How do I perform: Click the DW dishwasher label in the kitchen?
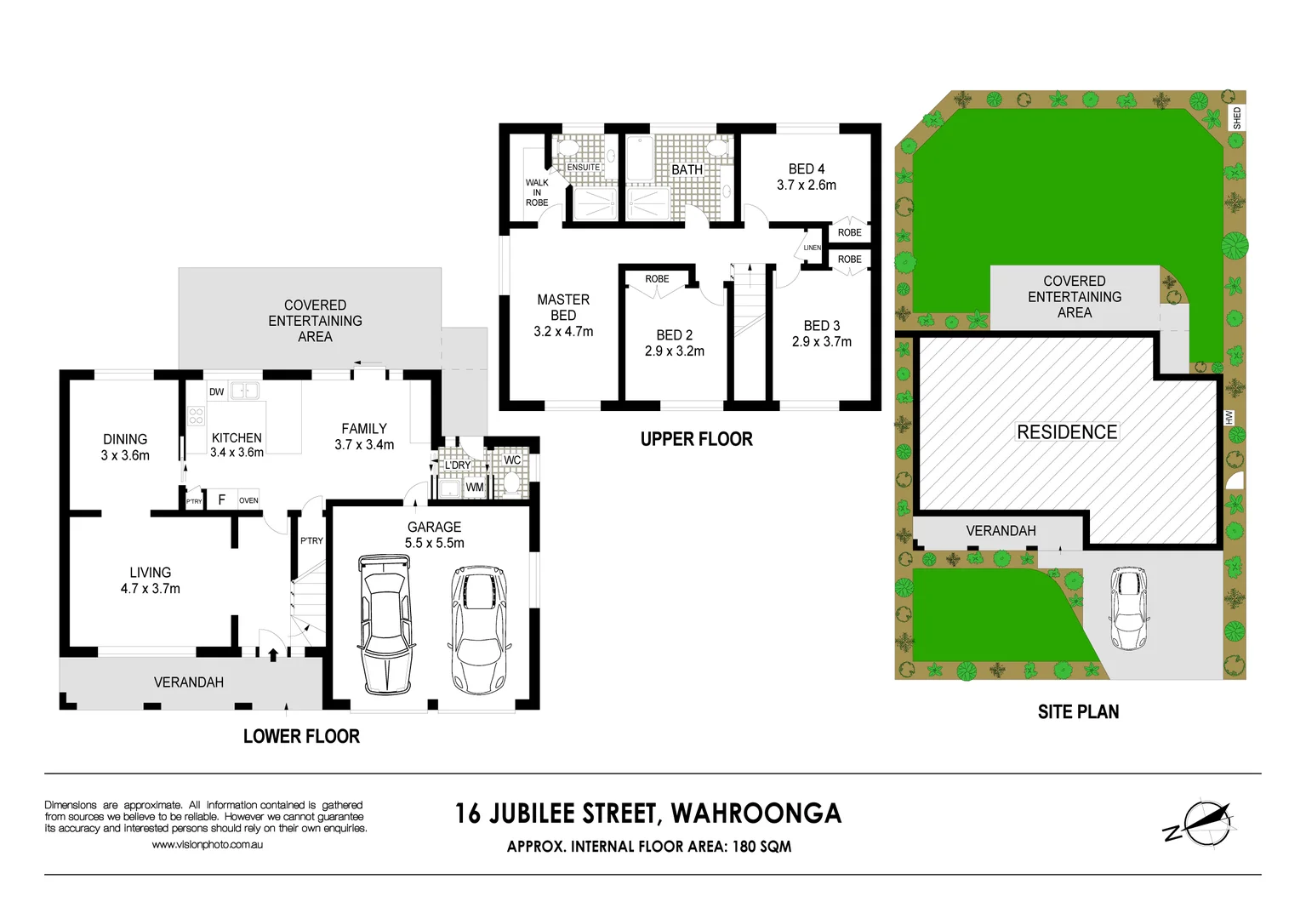(x=217, y=392)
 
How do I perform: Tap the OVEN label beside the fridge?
(x=248, y=500)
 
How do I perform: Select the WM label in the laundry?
(x=475, y=488)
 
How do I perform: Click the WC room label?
(x=512, y=460)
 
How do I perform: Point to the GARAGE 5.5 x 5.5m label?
(x=434, y=535)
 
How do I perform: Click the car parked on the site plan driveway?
(x=1128, y=608)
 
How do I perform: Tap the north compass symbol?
(x=1200, y=823)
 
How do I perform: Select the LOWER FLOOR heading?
(x=301, y=737)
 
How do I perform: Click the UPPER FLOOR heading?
(x=696, y=440)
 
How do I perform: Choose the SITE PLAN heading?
(x=1078, y=712)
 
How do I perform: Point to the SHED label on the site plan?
(x=1236, y=118)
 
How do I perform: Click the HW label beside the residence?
(x=1229, y=418)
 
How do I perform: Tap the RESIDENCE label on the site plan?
(x=1067, y=432)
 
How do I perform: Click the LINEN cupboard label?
(x=813, y=248)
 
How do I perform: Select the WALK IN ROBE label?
(x=537, y=192)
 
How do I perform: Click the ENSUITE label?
(x=584, y=168)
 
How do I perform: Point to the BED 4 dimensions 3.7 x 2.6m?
(x=807, y=186)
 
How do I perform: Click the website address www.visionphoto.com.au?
(x=208, y=845)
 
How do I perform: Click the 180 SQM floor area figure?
(x=761, y=847)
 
